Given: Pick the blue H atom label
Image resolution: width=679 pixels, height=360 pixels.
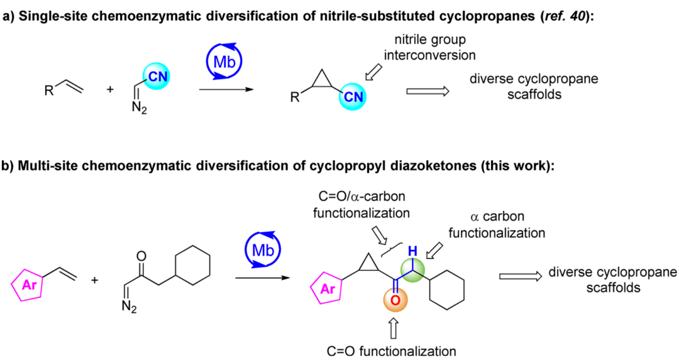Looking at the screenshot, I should click(412, 251).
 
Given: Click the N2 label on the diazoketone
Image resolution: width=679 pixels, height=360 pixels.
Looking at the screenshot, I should click(128, 307).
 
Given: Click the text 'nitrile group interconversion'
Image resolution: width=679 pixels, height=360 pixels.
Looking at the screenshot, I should click(430, 48).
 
